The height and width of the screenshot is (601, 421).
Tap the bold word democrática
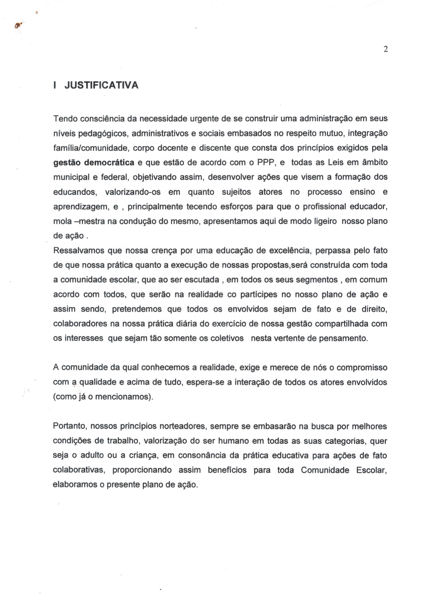[109, 162]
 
